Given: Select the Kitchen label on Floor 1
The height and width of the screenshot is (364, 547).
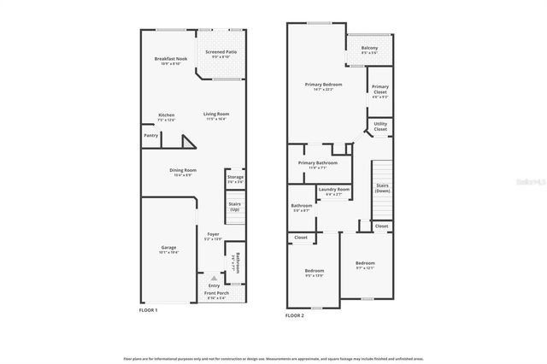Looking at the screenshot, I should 166,114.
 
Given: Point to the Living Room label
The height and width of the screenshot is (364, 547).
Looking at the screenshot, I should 216,114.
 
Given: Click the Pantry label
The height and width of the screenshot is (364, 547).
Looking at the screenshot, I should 150,135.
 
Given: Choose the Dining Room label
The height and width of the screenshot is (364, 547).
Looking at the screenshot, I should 185,170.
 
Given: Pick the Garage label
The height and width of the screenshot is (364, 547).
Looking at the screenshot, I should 168,248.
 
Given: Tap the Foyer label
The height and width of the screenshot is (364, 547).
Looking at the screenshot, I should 213,234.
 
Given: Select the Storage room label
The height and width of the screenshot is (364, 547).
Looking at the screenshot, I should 235,177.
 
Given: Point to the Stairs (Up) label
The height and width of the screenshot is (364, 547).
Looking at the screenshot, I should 234,206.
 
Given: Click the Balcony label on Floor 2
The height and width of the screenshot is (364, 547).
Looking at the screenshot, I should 369,48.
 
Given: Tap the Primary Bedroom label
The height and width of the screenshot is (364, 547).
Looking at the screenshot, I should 325,85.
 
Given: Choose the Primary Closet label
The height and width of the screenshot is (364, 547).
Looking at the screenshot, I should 379,88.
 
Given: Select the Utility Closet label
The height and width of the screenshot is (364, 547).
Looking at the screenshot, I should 380,126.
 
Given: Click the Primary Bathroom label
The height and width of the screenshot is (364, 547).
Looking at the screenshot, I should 318,162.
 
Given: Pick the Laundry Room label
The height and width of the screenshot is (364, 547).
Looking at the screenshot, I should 333,189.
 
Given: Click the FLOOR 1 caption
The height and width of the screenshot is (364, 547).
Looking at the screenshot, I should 150,310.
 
